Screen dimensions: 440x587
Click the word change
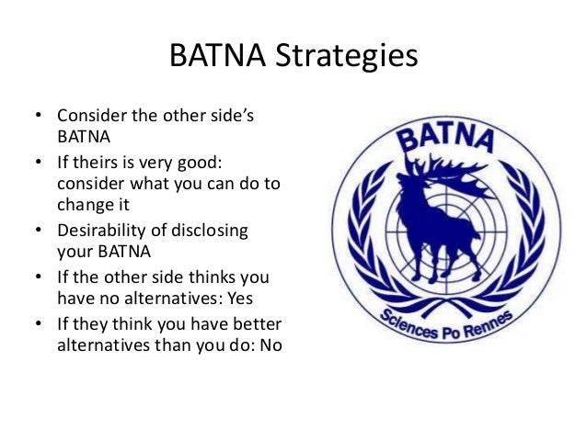tap(84, 205)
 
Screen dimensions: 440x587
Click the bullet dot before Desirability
tap(39, 229)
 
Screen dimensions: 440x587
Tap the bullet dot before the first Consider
tap(39, 119)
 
